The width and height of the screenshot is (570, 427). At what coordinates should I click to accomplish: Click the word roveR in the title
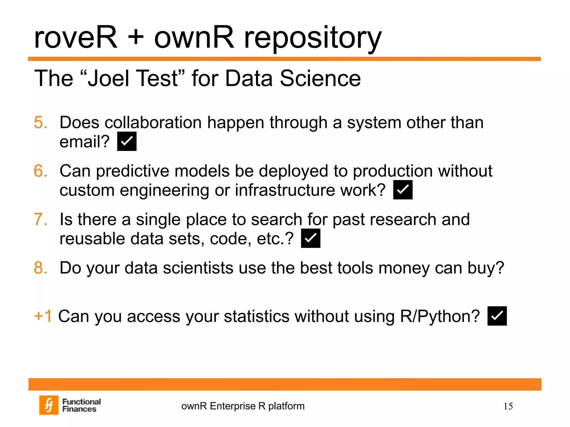(x=76, y=38)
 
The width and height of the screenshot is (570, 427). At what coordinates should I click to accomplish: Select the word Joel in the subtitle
(x=109, y=79)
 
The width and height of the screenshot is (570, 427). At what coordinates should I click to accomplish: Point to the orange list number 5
(x=41, y=122)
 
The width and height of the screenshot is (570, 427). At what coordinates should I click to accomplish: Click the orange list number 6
(x=41, y=171)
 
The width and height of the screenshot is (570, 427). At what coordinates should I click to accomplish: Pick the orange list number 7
(x=41, y=219)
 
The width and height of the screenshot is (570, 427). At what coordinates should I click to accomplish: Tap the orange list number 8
(x=41, y=268)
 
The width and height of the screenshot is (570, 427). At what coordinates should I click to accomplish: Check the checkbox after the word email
(x=127, y=141)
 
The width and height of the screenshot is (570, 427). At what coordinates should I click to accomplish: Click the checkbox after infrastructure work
(x=403, y=190)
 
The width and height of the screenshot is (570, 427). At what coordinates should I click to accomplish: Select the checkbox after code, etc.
(x=311, y=238)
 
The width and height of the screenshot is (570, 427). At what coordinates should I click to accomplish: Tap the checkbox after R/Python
(x=497, y=316)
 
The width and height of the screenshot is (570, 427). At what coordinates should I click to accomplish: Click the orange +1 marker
(x=43, y=316)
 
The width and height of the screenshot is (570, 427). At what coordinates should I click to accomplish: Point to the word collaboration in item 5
(x=153, y=123)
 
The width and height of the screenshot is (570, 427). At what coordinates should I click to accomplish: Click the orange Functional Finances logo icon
(x=49, y=405)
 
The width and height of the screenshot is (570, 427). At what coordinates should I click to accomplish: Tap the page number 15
(x=508, y=406)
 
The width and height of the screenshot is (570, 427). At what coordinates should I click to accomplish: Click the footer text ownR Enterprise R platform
(x=243, y=406)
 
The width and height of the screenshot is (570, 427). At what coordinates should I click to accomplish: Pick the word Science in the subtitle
(x=320, y=79)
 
